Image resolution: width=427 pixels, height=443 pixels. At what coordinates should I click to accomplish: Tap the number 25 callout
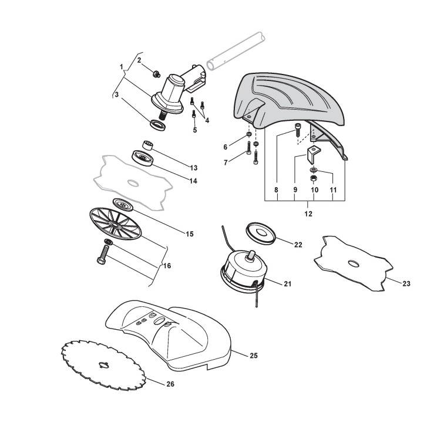point(253,356)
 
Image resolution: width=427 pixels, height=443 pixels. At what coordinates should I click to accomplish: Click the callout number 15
point(189,234)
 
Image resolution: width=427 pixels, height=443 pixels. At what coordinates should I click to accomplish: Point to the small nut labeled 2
point(157,73)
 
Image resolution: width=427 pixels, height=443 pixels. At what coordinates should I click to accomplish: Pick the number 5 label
point(194,130)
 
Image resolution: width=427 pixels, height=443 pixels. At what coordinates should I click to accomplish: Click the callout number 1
point(122,67)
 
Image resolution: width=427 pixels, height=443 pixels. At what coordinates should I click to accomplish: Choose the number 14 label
point(193,181)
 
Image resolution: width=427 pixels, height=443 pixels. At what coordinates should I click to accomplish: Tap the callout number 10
point(314,191)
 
